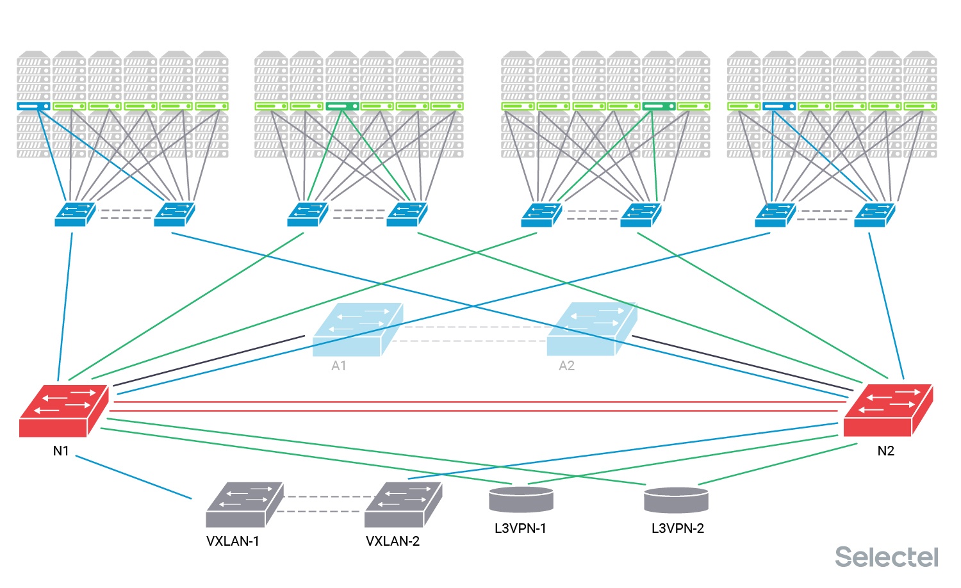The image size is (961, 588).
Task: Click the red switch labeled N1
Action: (63, 411)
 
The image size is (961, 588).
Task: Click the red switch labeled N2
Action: (887, 411)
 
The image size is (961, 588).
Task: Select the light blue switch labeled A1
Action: (357, 329)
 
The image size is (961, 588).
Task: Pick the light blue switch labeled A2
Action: (591, 329)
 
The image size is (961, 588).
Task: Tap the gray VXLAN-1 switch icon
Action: (244, 505)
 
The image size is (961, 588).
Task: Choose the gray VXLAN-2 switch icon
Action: (403, 505)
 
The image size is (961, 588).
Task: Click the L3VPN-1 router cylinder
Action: (521, 500)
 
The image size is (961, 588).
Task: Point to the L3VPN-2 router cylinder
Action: (676, 500)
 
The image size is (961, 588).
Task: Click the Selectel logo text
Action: (886, 557)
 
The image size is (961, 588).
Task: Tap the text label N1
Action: (61, 451)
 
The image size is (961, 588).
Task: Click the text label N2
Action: (885, 451)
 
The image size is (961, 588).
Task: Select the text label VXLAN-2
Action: (393, 541)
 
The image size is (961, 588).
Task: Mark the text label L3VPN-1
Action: (520, 528)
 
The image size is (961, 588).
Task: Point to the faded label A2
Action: (566, 366)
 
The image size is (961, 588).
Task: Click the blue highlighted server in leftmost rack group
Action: (33, 106)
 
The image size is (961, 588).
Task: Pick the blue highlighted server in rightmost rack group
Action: (778, 106)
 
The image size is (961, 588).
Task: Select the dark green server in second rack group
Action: (341, 106)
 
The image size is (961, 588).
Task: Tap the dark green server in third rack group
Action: (658, 106)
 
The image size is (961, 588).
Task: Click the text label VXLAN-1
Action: (233, 541)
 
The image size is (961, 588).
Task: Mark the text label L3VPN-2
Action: (678, 528)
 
